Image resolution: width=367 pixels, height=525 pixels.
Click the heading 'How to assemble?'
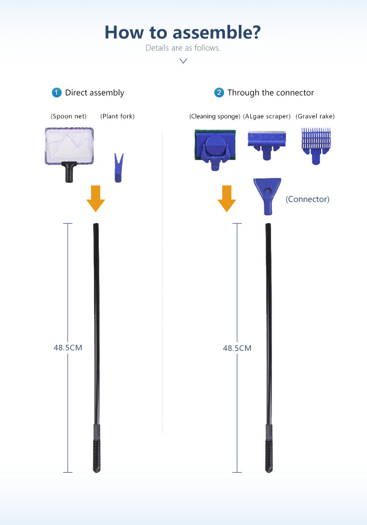[x=183, y=32]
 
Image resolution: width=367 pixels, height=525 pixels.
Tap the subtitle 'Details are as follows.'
[x=183, y=48]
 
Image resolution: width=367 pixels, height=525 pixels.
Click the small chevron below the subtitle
[x=183, y=61]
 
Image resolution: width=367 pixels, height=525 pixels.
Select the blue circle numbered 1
[x=57, y=92]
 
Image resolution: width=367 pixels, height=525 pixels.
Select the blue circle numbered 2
[x=219, y=92]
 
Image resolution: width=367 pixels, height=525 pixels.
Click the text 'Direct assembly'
[x=94, y=92]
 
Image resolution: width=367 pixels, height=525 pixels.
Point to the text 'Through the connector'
[x=271, y=92]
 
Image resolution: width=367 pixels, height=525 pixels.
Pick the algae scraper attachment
[x=266, y=144]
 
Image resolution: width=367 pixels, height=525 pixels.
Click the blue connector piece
[x=267, y=196]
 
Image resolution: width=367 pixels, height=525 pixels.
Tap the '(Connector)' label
[x=307, y=199]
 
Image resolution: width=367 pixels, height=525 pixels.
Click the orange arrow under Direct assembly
[x=95, y=199]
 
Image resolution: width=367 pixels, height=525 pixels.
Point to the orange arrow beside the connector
[x=227, y=199]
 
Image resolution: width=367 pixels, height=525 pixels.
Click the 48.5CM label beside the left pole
[x=68, y=348]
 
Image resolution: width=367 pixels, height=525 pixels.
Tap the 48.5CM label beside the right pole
[x=237, y=348]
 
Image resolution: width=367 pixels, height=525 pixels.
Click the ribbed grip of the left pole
[x=96, y=455]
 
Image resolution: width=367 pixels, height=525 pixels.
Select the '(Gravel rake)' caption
[x=315, y=116]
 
